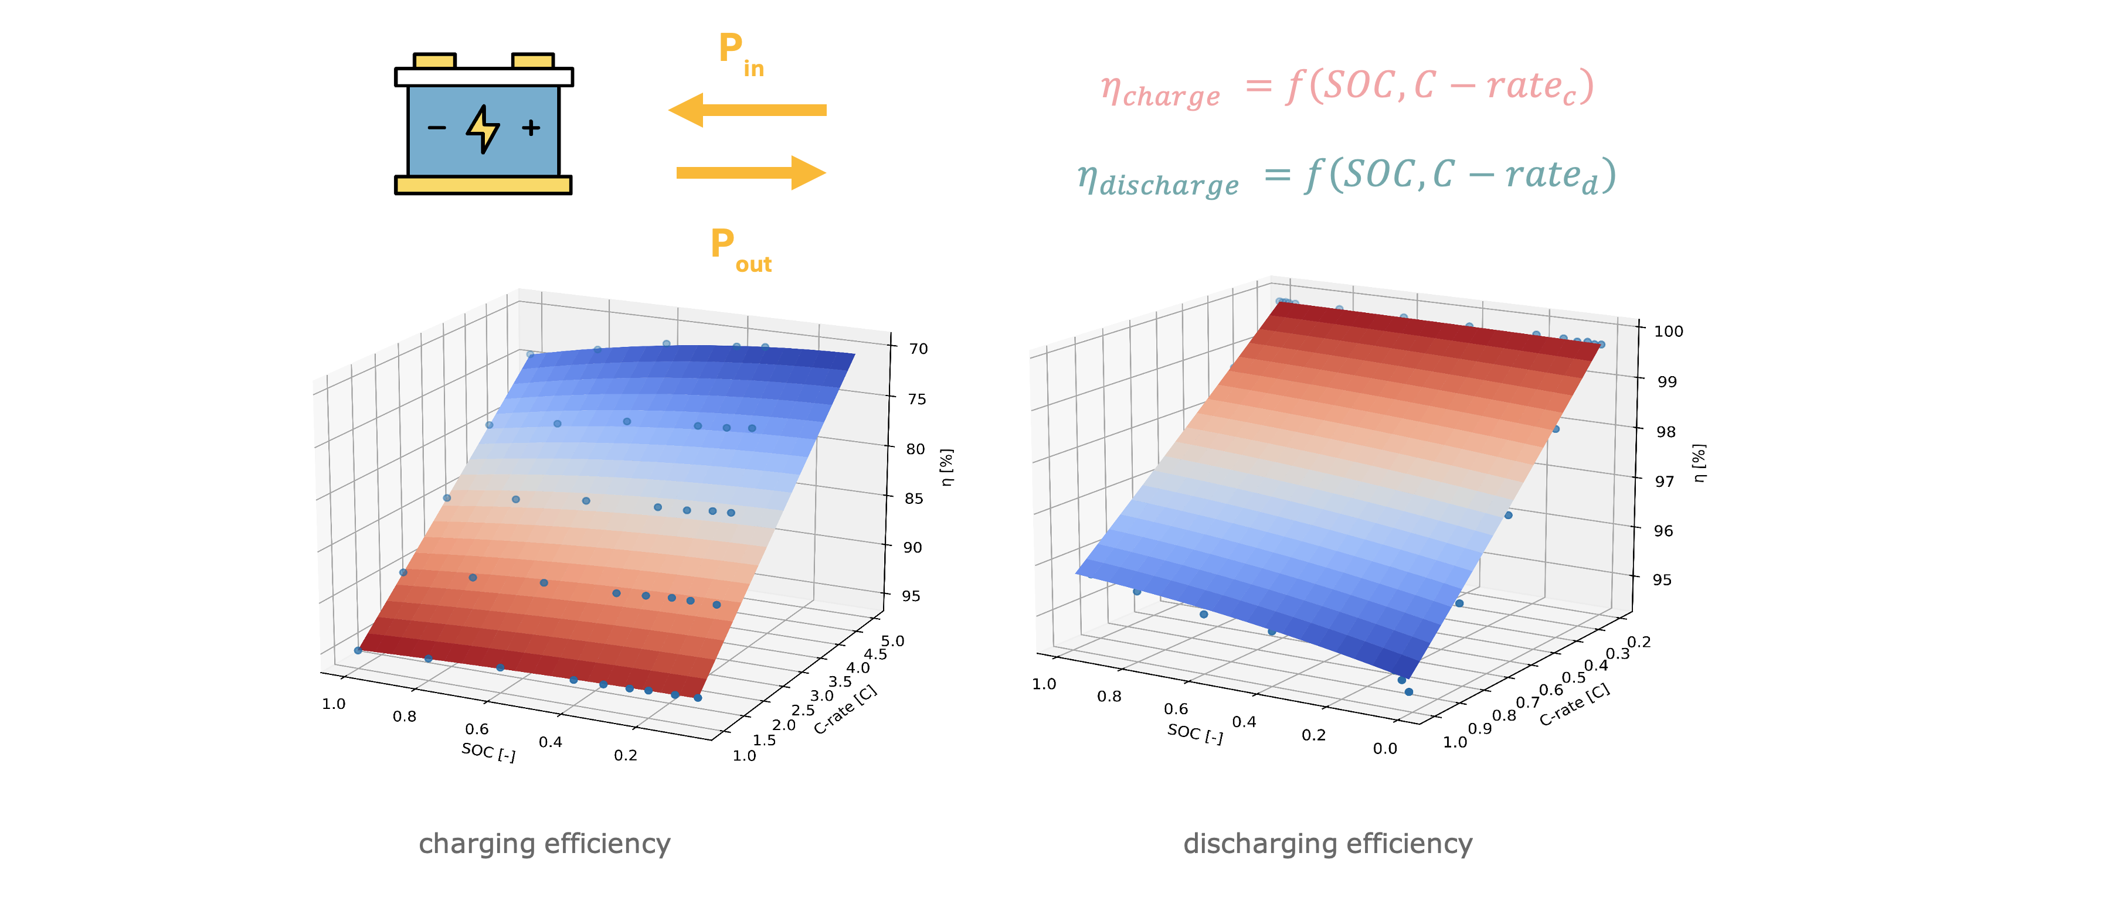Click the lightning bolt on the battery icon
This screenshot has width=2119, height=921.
483,128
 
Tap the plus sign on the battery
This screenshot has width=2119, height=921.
531,128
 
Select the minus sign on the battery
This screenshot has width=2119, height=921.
437,128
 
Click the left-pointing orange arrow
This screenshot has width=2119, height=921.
747,110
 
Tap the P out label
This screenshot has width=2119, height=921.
741,249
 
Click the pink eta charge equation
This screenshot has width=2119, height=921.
1347,88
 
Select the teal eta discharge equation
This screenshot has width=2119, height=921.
1347,178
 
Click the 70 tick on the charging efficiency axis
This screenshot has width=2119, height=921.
918,349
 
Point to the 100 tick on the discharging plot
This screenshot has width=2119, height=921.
1668,332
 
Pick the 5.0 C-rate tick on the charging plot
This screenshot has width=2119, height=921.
892,640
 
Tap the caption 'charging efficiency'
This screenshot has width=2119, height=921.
545,844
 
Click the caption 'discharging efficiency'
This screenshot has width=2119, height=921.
1327,844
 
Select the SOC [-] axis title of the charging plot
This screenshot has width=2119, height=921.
488,752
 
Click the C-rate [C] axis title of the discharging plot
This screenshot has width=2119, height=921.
1574,705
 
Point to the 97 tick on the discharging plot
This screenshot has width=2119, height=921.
1664,481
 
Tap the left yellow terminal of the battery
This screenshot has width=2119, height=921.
434,61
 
